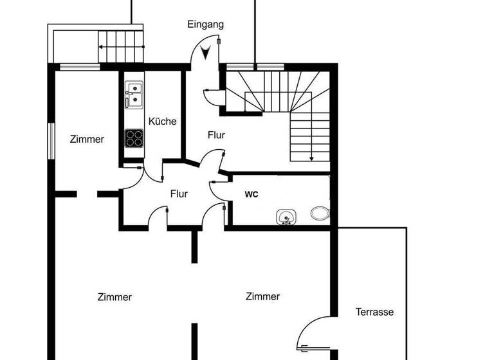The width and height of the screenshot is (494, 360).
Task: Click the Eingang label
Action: tap(205, 24)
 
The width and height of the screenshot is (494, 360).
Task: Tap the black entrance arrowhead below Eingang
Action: tap(206, 53)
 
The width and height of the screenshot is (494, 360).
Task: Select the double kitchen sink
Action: tap(134, 94)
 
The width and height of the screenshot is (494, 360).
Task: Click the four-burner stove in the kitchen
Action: tap(134, 138)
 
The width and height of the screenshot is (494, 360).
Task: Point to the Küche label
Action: tap(162, 121)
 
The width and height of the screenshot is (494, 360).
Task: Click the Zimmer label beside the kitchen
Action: tap(87, 139)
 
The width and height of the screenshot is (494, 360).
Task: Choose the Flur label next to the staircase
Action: tap(216, 135)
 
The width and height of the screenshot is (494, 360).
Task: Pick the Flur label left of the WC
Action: tap(179, 194)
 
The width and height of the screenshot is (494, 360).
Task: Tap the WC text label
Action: tap(251, 194)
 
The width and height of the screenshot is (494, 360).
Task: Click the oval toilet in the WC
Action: tap(320, 213)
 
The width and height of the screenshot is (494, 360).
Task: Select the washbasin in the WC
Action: tap(286, 217)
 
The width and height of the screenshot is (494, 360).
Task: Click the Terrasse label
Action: tap(374, 312)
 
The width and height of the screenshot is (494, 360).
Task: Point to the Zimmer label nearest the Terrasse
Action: tap(262, 296)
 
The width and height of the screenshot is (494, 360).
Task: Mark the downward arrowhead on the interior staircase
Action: tap(311, 157)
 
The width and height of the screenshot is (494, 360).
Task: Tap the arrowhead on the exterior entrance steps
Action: tap(101, 46)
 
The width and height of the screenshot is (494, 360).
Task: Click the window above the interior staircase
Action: tap(255, 66)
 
